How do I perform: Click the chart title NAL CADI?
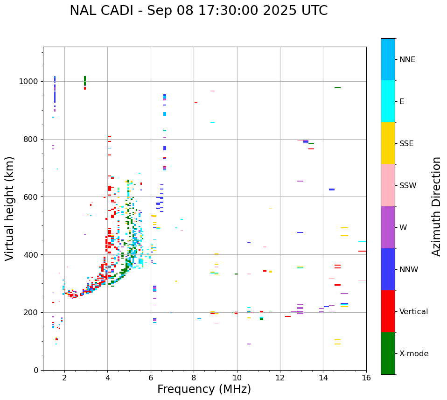[x=198, y=11]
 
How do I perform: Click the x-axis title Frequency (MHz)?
[x=204, y=389]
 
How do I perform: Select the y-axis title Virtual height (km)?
[x=10, y=209]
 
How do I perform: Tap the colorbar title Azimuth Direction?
[x=436, y=206]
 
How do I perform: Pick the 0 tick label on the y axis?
[x=35, y=370]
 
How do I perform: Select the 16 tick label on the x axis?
[x=366, y=378]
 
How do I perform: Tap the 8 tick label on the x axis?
[x=194, y=378]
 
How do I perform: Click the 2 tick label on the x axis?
[x=64, y=378]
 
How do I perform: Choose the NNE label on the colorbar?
[x=407, y=60]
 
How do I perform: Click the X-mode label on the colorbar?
[x=413, y=354]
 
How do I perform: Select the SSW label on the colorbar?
[x=408, y=186]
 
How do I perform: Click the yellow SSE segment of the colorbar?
[x=388, y=143]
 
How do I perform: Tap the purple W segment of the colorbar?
[x=388, y=227]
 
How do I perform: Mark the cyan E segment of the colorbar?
[x=388, y=101]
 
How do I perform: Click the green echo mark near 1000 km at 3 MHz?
[x=85, y=81]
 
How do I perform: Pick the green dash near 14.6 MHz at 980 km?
[x=337, y=88]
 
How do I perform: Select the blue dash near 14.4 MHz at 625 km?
[x=332, y=189]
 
